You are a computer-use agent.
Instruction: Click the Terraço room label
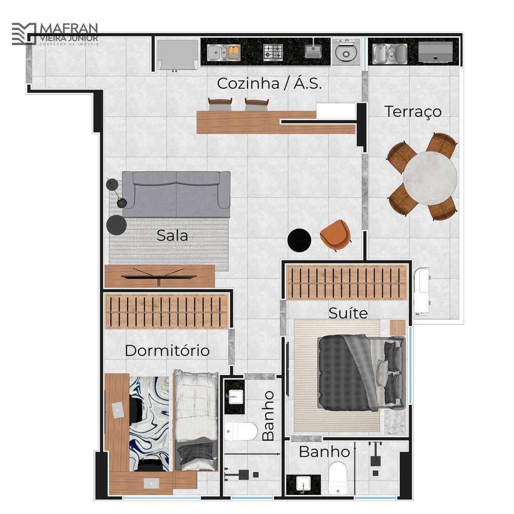coord(413,112)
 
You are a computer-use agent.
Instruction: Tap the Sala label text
coord(173,235)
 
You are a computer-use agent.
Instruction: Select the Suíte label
coord(348,313)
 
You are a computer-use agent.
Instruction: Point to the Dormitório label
coord(167,350)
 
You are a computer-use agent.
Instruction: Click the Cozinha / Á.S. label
coord(269,83)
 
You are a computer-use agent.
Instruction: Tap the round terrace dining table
coord(430,178)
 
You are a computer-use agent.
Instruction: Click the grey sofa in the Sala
coord(176,194)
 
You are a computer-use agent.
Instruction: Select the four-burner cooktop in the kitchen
coord(273,52)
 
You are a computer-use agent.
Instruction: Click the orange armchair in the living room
coord(335,235)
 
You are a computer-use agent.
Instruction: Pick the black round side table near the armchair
coord(299,240)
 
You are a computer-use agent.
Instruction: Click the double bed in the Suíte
coord(361,373)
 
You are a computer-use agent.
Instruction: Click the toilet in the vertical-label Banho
coord(241,431)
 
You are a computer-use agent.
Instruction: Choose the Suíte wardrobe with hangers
coord(346,283)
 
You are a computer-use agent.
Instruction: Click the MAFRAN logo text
coord(69,28)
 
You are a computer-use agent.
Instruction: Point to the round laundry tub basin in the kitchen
coord(346,52)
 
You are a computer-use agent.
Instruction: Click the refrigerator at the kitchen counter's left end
coord(178,55)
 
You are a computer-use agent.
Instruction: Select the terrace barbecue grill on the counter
coord(435,52)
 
